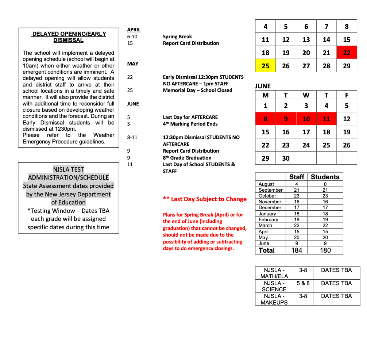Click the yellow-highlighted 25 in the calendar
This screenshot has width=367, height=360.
[x=265, y=66]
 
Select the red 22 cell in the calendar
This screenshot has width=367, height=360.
[x=347, y=53]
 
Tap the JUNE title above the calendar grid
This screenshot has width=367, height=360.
[x=263, y=86]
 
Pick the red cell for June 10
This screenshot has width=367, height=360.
[x=306, y=119]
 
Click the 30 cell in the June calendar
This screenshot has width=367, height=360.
[x=286, y=158]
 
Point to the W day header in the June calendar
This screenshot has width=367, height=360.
[x=306, y=95]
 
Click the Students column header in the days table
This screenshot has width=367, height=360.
[x=325, y=177]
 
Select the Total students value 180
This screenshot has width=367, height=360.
[x=325, y=250]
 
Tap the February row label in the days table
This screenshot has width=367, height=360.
[x=268, y=219]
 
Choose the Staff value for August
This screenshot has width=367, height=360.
[x=297, y=184]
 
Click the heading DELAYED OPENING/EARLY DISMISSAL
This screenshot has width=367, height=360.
[x=69, y=37]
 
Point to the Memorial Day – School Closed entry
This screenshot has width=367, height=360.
[x=197, y=90]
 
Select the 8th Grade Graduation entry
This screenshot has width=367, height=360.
[x=187, y=158]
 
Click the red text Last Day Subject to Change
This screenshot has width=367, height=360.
[x=205, y=199]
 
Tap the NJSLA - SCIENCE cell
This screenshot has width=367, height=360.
[x=274, y=286]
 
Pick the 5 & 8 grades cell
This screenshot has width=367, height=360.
[x=303, y=283]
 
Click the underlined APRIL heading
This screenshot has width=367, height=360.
[x=134, y=30]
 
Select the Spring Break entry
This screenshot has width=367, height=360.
[x=177, y=37]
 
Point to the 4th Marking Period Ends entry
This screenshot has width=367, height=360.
[x=190, y=124]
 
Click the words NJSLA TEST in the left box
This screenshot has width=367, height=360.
[x=69, y=169]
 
